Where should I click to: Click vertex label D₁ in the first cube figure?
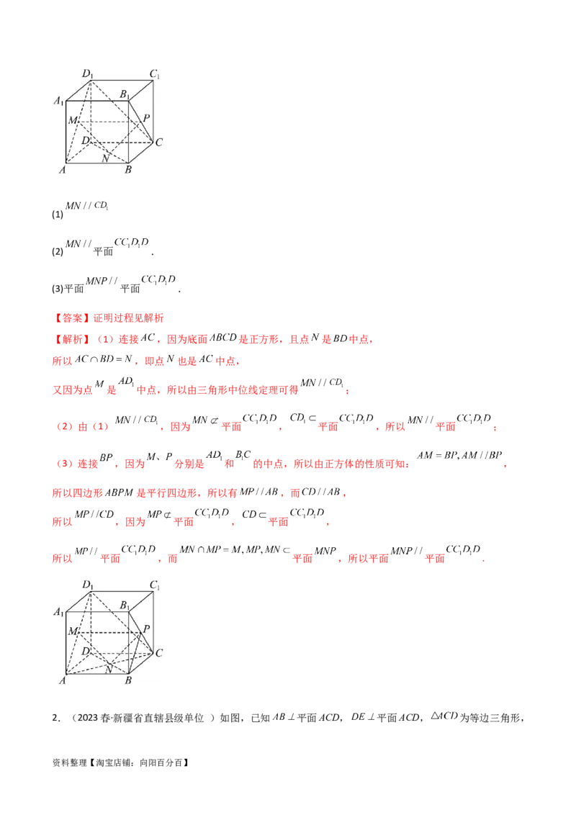pos(89,73)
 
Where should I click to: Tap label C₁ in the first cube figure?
pos(154,74)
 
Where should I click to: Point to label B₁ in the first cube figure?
pos(124,94)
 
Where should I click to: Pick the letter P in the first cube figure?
pos(146,117)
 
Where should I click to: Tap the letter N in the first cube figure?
pos(105,159)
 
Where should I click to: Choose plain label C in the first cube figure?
pos(158,142)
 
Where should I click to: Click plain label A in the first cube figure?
pos(63,170)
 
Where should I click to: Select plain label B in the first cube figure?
pos(128,170)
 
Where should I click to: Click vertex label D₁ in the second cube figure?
pos(89,585)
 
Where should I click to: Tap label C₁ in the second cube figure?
pos(154,585)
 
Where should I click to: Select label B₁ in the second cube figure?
pos(124,605)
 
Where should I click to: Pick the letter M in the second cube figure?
pos(72,631)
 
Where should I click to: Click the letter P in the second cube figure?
pos(146,629)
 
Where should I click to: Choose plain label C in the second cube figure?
pos(158,653)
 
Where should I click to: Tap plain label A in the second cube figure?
pos(63,681)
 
